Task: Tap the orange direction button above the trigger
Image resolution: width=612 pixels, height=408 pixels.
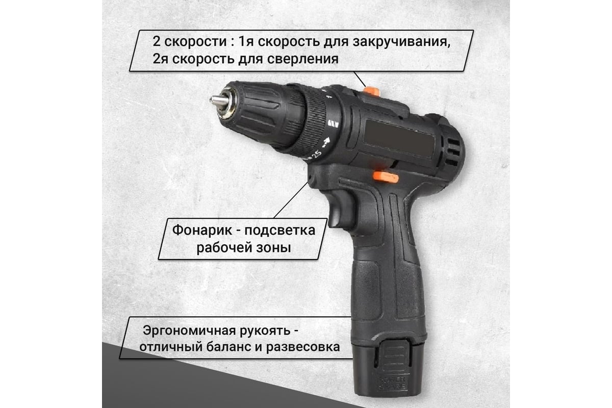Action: click(x=386, y=177)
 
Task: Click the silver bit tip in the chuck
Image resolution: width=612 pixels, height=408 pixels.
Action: click(x=219, y=101)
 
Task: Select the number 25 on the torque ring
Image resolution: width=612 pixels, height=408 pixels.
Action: click(x=317, y=155)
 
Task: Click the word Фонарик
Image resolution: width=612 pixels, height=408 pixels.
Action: click(x=202, y=230)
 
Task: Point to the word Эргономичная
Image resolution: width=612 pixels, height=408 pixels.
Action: click(x=189, y=330)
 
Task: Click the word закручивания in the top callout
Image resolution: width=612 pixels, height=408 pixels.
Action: click(x=401, y=42)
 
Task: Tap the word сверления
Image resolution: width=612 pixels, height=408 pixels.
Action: click(x=303, y=59)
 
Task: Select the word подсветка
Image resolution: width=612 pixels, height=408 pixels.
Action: click(x=280, y=231)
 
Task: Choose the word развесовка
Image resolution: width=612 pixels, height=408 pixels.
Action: click(x=303, y=347)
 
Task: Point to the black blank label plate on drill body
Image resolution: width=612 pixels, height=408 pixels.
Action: click(x=399, y=139)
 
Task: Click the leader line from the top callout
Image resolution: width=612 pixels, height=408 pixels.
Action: click(x=360, y=79)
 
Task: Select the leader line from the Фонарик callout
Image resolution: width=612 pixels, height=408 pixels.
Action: click(x=291, y=200)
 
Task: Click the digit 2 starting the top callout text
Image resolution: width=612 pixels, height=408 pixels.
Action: click(x=156, y=42)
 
